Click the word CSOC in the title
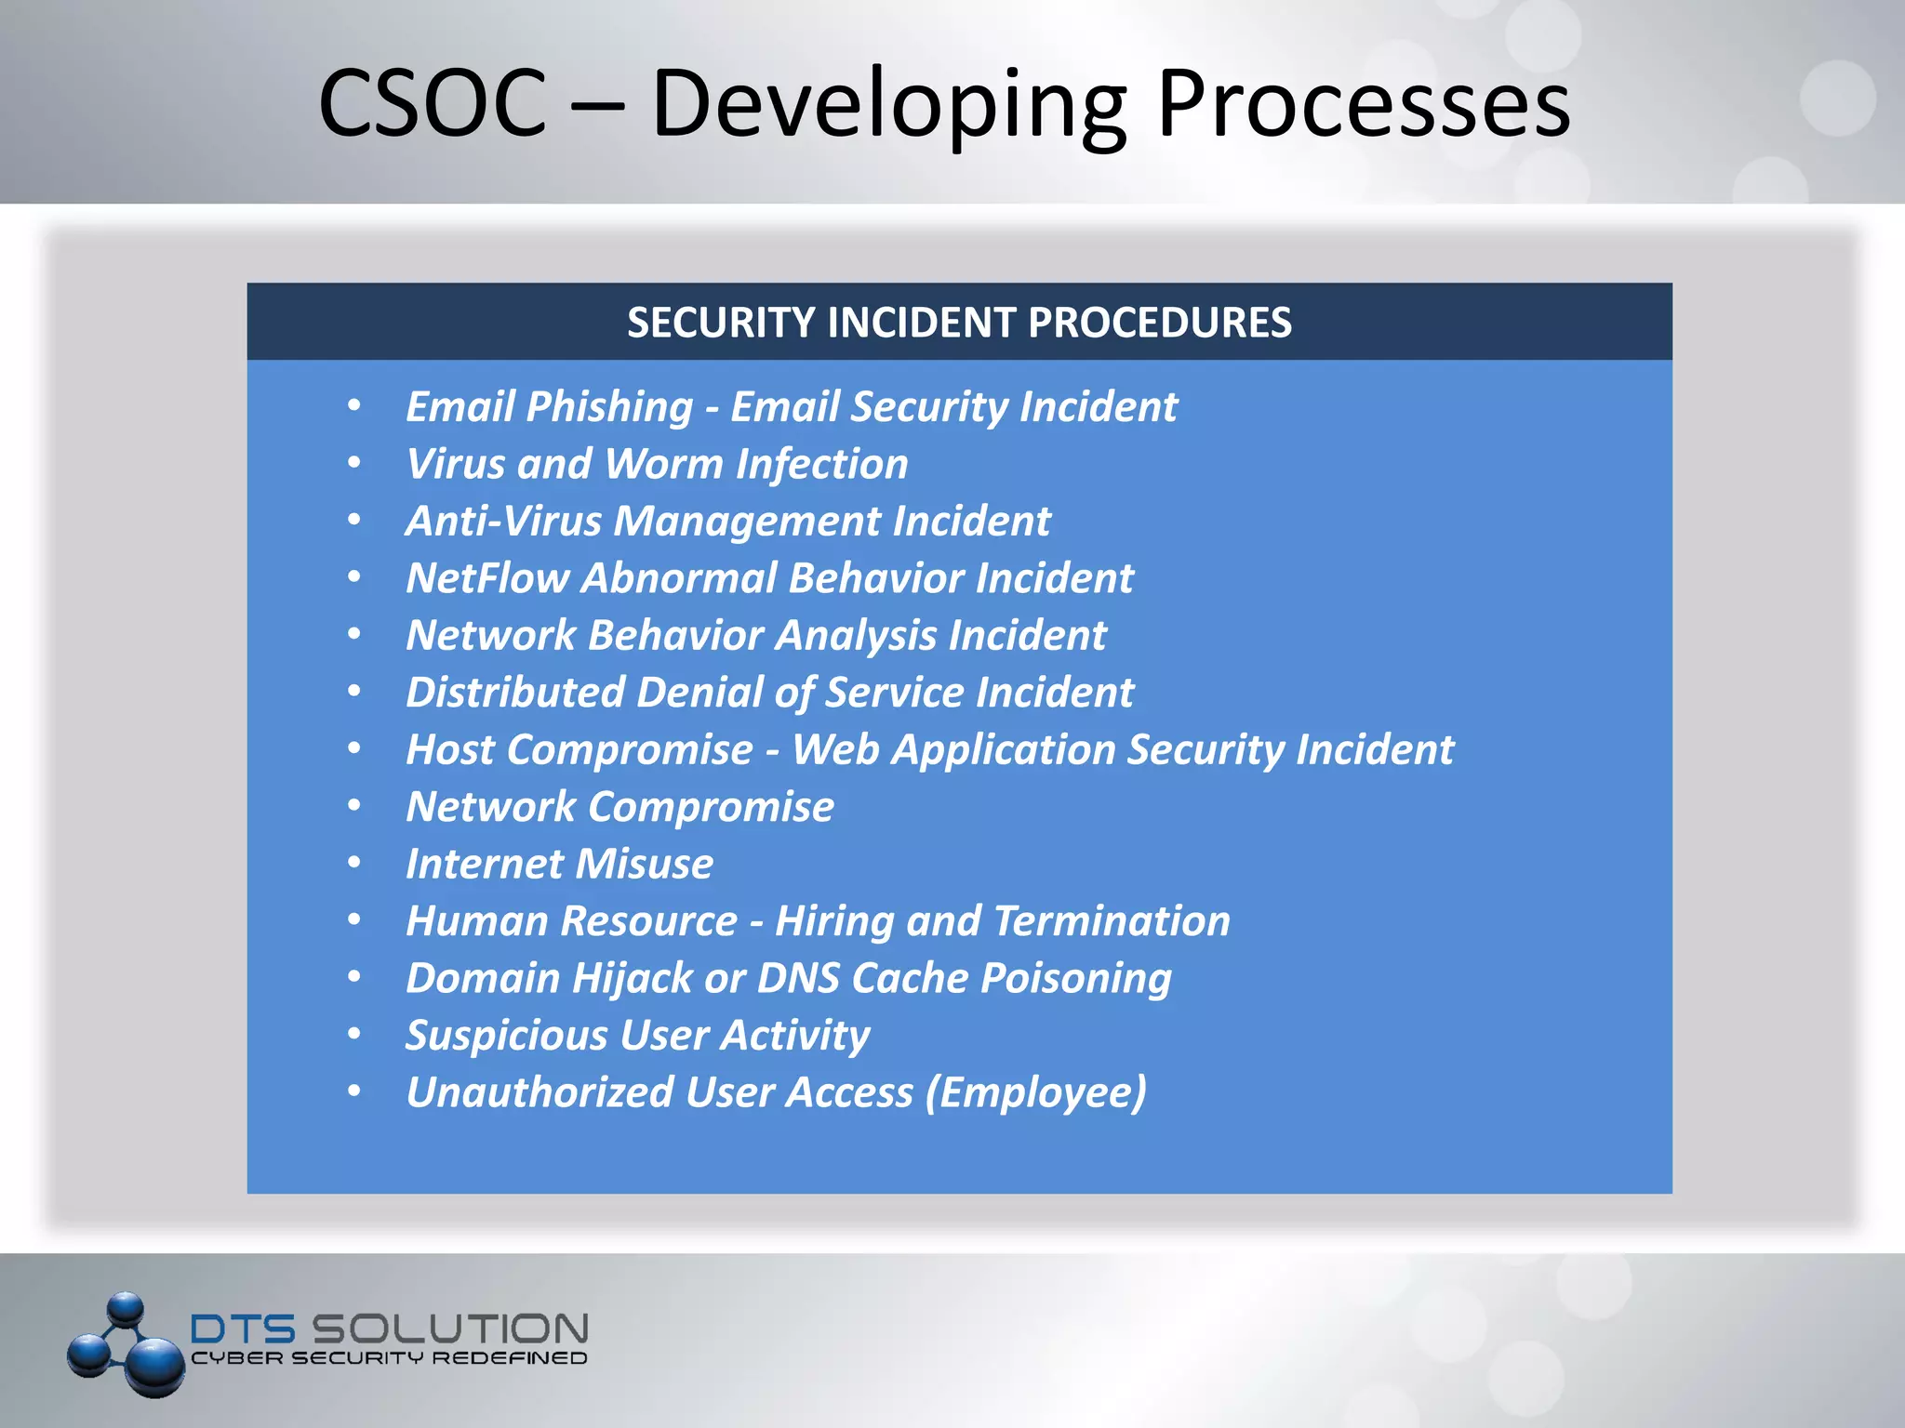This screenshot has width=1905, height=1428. [x=433, y=103]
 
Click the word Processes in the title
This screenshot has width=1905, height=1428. [x=1364, y=103]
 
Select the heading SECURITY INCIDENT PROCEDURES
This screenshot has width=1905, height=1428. [x=959, y=323]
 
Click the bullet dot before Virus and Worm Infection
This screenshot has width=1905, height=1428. [x=354, y=462]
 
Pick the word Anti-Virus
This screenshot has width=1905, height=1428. [x=503, y=521]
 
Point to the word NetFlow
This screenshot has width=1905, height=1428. [x=486, y=578]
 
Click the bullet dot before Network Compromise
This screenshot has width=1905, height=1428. [x=354, y=805]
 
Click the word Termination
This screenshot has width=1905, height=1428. [x=1112, y=921]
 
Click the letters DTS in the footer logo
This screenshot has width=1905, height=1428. [x=243, y=1329]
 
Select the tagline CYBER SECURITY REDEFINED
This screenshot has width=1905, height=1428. [x=389, y=1358]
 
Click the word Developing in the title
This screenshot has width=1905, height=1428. [x=889, y=105]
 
